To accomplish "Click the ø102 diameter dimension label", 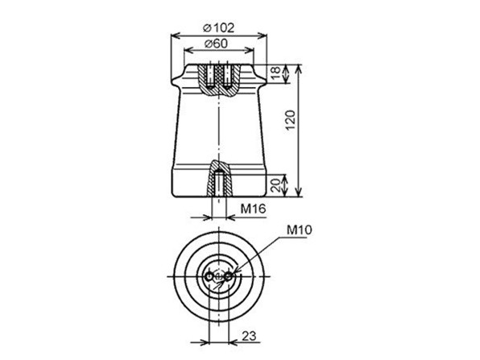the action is [218, 28].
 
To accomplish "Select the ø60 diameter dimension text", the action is [216, 43].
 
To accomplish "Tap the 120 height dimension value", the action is [290, 120].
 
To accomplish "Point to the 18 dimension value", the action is [276, 72].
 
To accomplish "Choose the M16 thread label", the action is [253, 209].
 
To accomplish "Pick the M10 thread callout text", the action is [299, 230].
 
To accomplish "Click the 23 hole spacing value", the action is [249, 336].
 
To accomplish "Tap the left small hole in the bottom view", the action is [209, 277].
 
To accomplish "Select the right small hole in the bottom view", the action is [229, 277].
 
